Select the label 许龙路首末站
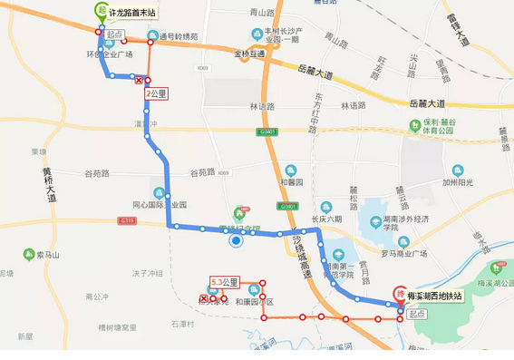(x=131, y=13)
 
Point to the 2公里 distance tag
(x=157, y=92)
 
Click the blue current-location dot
(x=236, y=240)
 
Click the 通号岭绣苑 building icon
(x=151, y=37)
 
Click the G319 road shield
(x=125, y=220)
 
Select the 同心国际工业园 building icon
(x=160, y=192)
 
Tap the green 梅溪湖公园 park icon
(x=496, y=268)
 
